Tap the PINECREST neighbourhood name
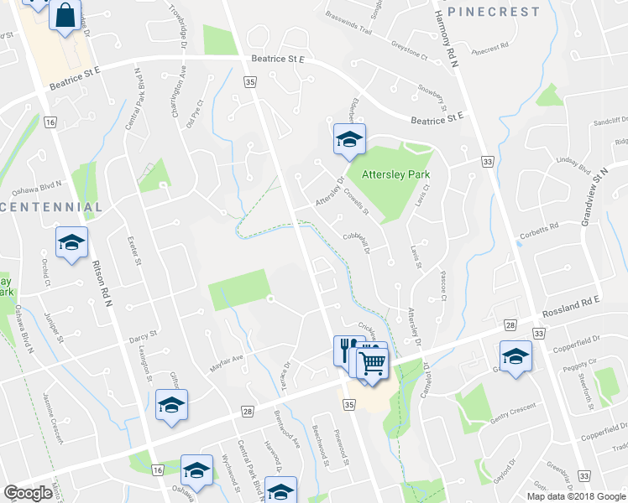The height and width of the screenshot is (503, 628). tap(493, 12)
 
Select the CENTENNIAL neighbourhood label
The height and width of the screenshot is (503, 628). tap(51, 206)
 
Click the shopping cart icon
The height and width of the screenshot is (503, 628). tap(371, 363)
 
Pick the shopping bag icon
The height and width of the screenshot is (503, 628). tap(64, 15)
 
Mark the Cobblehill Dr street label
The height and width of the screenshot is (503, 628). tap(358, 242)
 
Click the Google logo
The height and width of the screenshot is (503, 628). tap(29, 493)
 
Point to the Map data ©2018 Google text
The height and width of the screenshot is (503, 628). tap(576, 496)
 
